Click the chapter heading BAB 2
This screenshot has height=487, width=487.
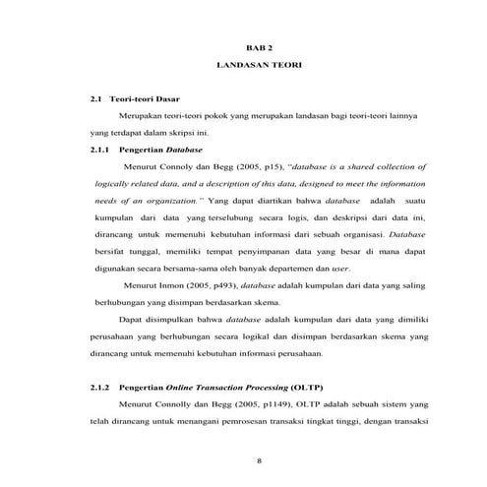(x=258, y=47)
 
